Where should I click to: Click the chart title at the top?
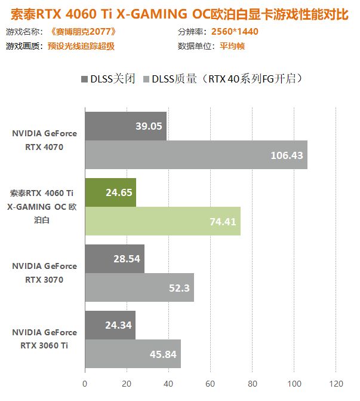(179, 13)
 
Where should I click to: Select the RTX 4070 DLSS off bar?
(125, 126)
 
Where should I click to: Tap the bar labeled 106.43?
(196, 155)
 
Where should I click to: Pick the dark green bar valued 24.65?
(110, 192)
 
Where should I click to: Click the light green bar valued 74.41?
(162, 221)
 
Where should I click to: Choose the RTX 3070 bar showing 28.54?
(115, 258)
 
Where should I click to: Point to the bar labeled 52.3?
(139, 287)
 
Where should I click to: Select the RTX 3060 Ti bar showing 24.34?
(110, 325)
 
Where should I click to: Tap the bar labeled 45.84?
(133, 354)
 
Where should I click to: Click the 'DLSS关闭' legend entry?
(107, 78)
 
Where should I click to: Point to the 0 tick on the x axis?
(85, 383)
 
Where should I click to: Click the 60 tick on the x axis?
(210, 383)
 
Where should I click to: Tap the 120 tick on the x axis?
(336, 383)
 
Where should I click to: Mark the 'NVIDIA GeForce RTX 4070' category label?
(44, 140)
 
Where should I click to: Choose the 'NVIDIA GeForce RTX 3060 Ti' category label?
(44, 338)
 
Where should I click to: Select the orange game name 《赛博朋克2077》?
(81, 32)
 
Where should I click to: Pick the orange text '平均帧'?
(231, 46)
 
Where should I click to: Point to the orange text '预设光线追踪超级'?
(81, 46)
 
